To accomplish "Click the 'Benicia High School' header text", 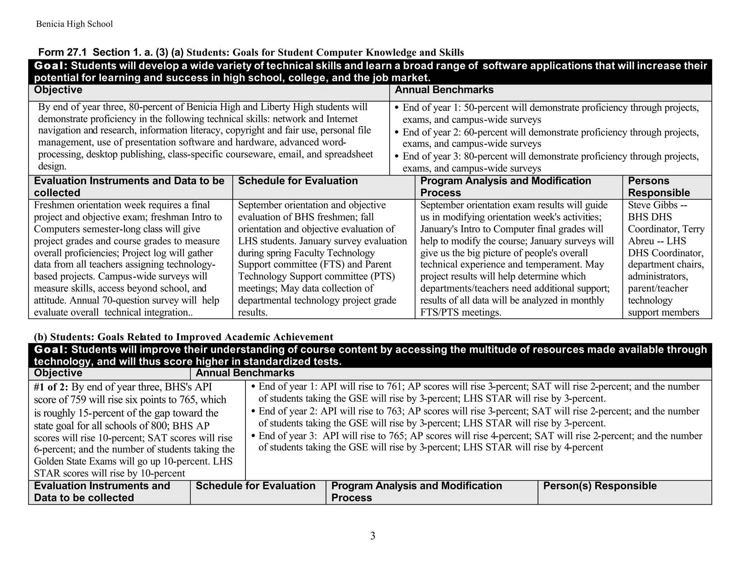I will click(74, 24).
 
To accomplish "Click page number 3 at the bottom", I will click(372, 536).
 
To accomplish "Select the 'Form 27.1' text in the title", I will click(62, 52).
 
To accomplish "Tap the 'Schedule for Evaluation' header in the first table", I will click(298, 181).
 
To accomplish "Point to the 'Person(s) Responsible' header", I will click(600, 486).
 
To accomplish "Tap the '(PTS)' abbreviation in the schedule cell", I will click(382, 277).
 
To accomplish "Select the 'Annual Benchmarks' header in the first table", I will click(444, 90).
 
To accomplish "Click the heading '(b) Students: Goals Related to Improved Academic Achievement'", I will click(183, 337).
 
